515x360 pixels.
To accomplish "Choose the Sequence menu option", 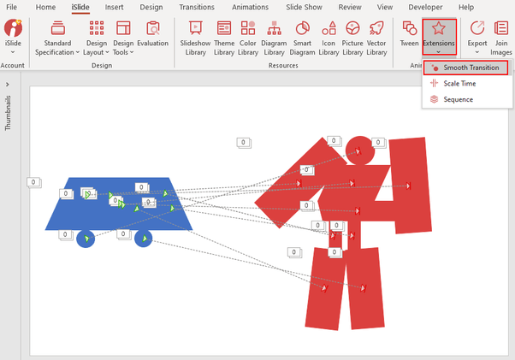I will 457,99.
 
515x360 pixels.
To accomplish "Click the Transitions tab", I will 197,7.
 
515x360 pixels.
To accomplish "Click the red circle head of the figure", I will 359,149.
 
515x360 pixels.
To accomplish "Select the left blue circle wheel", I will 86,239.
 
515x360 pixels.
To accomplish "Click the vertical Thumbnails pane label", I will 9,112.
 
